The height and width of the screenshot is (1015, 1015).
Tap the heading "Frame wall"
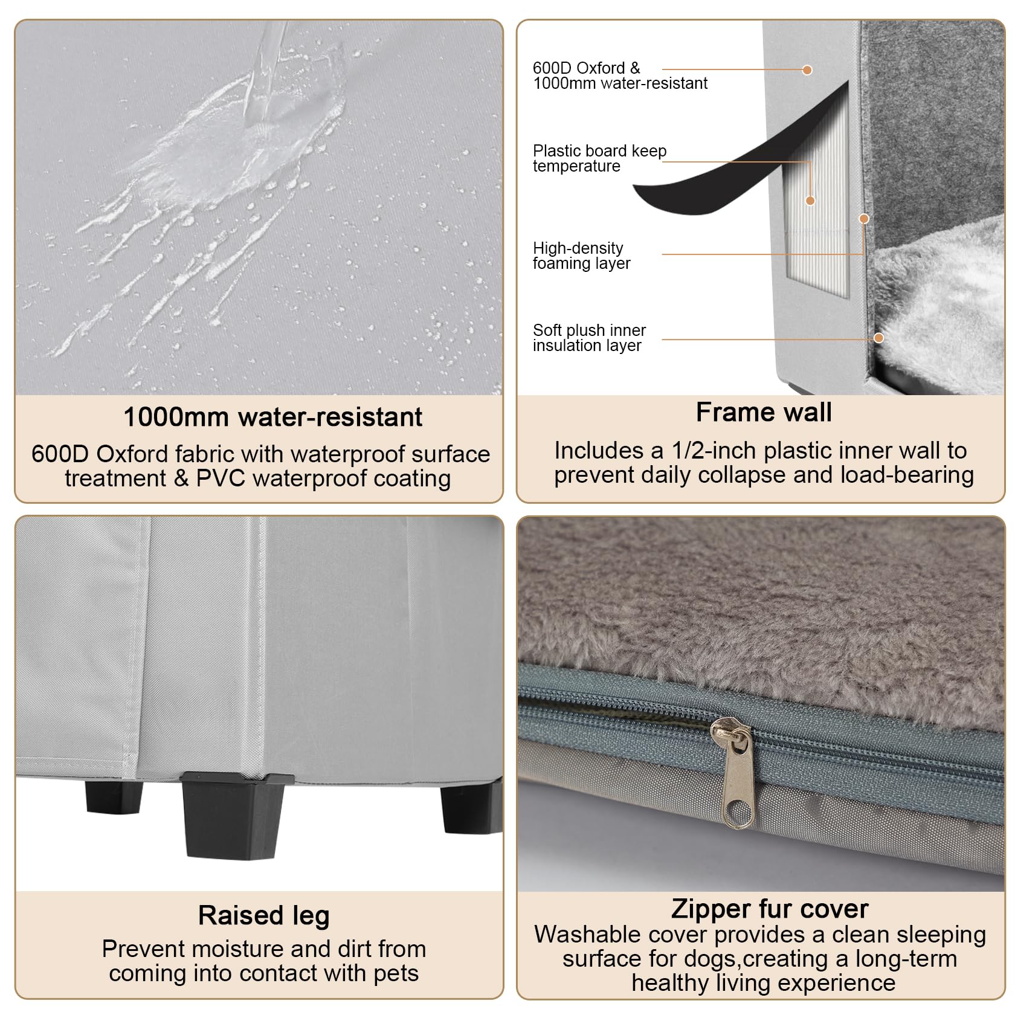[x=764, y=413]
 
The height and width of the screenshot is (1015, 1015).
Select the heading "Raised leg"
[x=264, y=915]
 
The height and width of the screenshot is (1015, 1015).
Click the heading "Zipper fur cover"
[x=770, y=909]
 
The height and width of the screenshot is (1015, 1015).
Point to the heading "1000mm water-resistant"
[x=273, y=417]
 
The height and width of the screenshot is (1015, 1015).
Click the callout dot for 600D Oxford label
[x=807, y=70]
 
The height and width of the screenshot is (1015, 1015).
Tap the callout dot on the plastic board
[x=810, y=201]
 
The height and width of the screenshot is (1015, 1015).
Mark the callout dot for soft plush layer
[x=879, y=338]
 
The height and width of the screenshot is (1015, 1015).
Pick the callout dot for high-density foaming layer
[x=864, y=219]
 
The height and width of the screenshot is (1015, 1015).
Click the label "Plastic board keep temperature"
[x=599, y=158]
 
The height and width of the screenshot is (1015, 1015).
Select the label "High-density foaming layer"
[x=581, y=256]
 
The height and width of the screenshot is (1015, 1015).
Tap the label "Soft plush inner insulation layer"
[x=589, y=338]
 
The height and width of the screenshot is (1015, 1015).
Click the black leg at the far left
[x=114, y=796]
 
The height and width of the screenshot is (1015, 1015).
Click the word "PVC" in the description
[x=221, y=478]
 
